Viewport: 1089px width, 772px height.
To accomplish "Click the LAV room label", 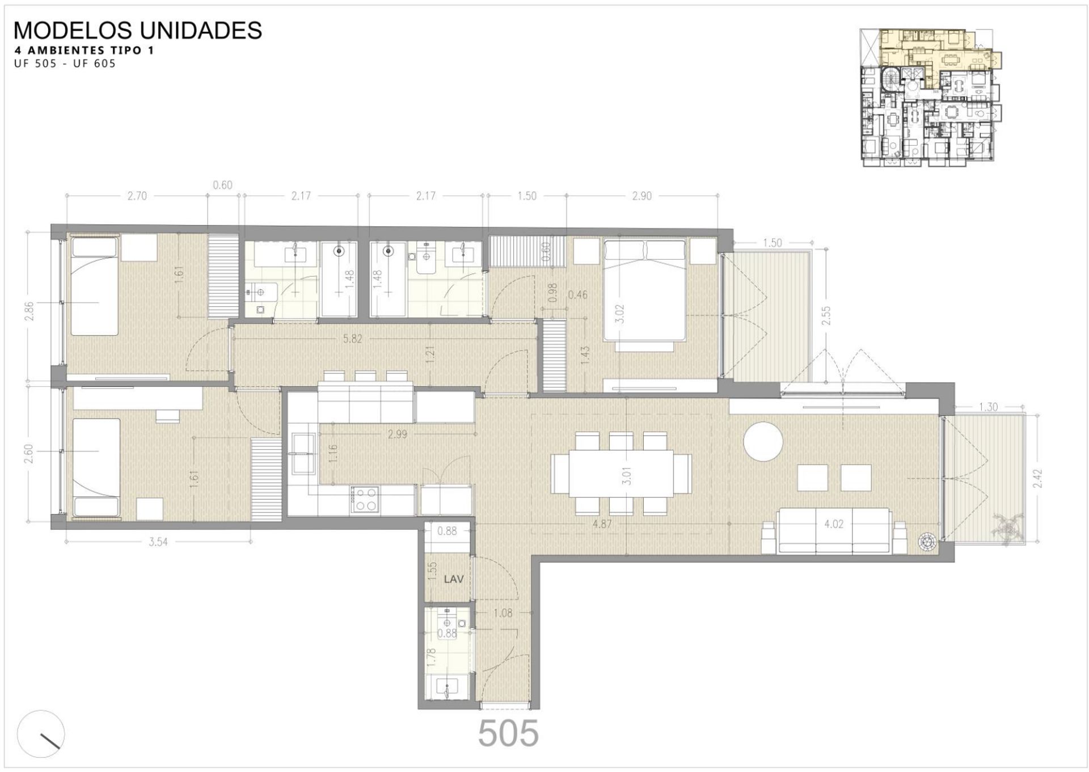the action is point(454,579).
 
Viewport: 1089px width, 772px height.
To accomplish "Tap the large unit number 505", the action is point(508,733).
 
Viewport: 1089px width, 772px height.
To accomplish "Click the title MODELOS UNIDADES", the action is point(137,30).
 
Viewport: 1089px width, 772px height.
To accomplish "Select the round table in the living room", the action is point(763,441).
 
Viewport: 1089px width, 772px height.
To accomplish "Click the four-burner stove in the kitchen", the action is point(365,500).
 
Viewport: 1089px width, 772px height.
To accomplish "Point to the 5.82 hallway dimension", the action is point(352,339).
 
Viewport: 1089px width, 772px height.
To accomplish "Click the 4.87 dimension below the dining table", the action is point(602,524).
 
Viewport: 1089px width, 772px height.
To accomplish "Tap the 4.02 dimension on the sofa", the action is point(833,524).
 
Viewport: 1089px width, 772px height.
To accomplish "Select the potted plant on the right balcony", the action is point(1007,528).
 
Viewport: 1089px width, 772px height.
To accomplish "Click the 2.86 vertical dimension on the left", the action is point(29,311).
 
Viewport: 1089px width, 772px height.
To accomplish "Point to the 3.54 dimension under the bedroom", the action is point(158,542).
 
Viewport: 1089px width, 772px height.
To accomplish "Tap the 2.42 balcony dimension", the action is point(1038,478).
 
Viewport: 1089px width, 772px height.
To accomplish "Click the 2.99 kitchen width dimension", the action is point(397,434).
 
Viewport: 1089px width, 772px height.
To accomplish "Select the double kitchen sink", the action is point(304,453).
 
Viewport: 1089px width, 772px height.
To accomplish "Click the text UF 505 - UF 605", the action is point(65,64).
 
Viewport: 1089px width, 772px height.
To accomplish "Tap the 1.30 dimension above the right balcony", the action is point(988,407).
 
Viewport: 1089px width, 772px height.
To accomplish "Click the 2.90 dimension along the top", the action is point(641,196).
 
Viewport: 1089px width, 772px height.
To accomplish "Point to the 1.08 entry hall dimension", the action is point(503,613).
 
